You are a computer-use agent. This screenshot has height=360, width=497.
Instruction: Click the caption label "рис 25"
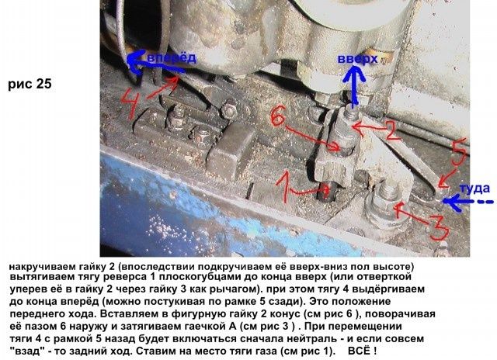pyautogui.click(x=30, y=85)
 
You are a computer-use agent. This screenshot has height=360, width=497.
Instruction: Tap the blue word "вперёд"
pyautogui.click(x=172, y=58)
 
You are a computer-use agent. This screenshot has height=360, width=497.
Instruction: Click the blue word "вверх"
pyautogui.click(x=357, y=58)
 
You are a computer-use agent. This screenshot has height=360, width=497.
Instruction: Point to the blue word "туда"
pyautogui.click(x=474, y=189)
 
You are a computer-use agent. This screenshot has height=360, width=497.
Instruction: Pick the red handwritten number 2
pyautogui.click(x=390, y=130)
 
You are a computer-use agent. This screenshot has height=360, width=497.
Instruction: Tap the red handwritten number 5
pyautogui.click(x=459, y=152)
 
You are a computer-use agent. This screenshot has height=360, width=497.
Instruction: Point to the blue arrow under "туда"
pyautogui.click(x=467, y=202)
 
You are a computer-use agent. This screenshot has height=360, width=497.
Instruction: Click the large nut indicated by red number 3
pyautogui.click(x=383, y=206)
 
